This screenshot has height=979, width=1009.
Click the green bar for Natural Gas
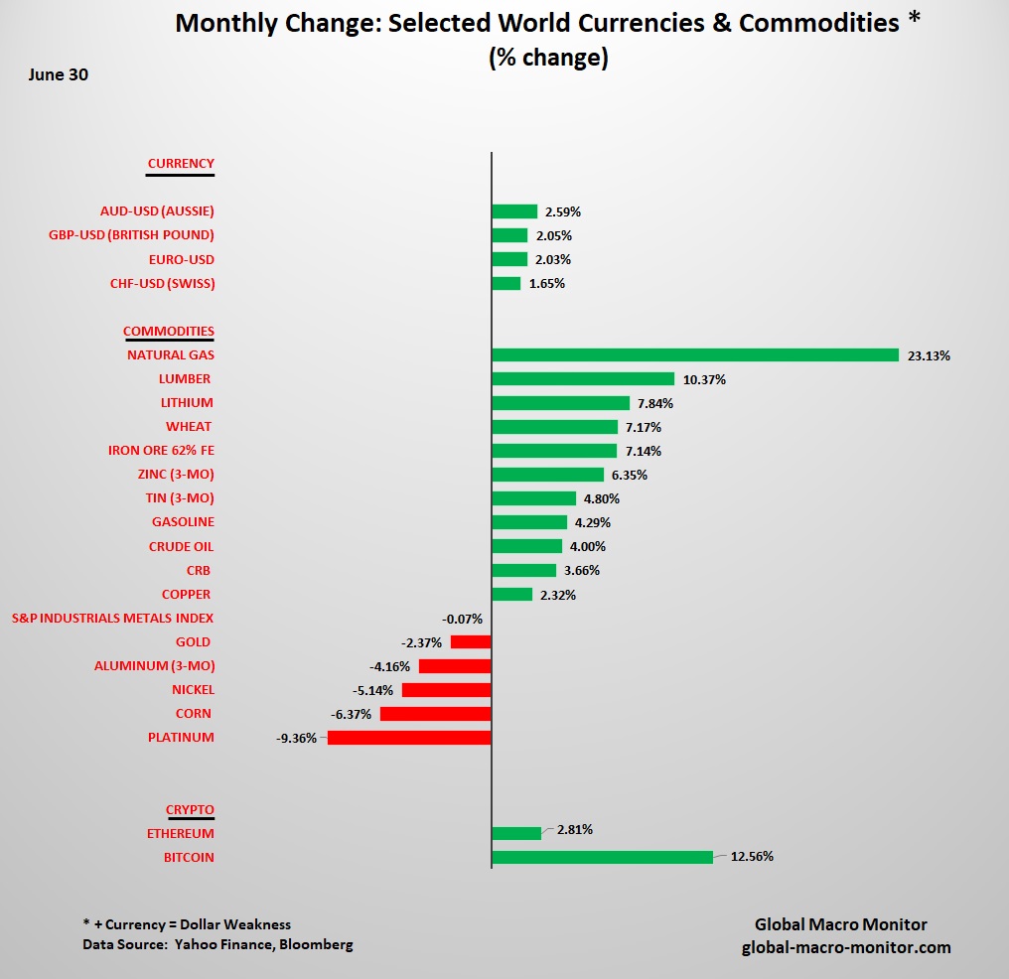[x=695, y=355]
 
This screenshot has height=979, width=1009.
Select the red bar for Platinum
[x=409, y=738]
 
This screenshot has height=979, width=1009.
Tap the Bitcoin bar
[x=602, y=857]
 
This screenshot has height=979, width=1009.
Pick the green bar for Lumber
[x=583, y=379]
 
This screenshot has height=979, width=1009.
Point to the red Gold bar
[x=471, y=642]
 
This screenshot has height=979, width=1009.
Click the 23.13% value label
[x=929, y=355]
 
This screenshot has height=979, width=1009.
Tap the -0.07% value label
[x=462, y=619]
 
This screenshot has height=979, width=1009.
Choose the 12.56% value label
[x=752, y=857]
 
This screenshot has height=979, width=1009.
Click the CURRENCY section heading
[x=181, y=164]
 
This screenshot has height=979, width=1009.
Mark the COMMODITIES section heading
[x=169, y=332]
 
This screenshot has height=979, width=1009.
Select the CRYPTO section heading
[x=190, y=809]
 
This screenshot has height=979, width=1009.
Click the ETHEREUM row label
[x=180, y=834]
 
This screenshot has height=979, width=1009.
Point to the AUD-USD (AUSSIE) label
[x=157, y=211]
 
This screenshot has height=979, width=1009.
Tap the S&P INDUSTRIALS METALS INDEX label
[x=112, y=619]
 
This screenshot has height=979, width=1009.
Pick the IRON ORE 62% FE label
[x=161, y=451]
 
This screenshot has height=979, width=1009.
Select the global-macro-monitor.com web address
[x=846, y=947]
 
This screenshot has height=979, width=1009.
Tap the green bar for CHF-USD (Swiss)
[x=505, y=284]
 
